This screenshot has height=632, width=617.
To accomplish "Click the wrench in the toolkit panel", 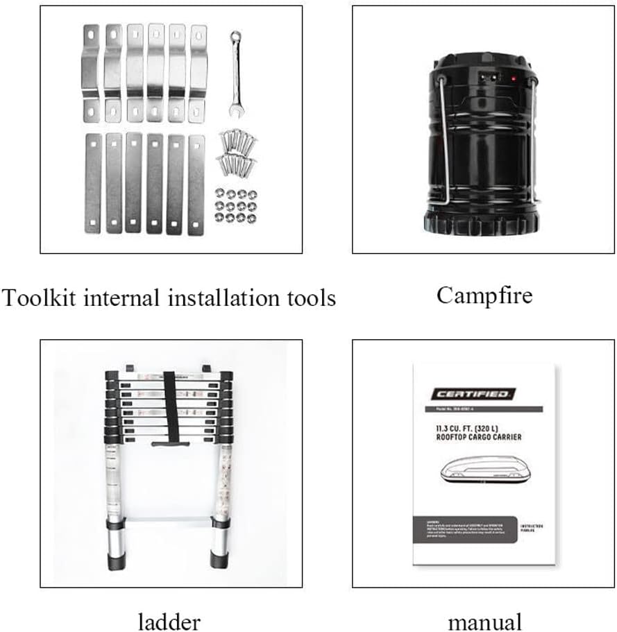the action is click(237, 71).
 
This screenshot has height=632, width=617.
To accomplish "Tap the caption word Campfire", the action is click(484, 296).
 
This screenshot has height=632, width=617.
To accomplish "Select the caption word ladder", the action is click(169, 621).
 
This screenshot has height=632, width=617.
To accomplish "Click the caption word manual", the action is click(484, 621).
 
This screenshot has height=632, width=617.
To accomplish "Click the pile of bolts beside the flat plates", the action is click(237, 151).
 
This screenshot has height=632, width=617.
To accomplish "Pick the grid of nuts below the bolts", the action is click(236, 206).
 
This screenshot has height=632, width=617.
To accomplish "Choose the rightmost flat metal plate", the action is click(196, 185).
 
